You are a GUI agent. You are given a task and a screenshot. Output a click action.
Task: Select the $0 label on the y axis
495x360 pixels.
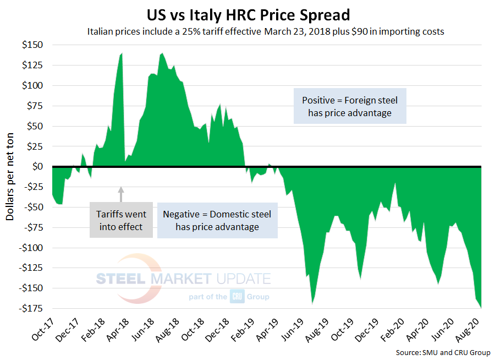click(40, 166)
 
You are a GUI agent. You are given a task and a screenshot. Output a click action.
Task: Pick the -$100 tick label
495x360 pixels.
click(33, 247)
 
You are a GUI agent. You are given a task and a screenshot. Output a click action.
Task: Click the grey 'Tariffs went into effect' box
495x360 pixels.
click(121, 220)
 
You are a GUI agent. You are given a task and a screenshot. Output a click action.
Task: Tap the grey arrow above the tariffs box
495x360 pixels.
click(122, 194)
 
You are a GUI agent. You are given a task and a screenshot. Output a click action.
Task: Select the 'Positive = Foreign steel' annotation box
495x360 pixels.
click(350, 106)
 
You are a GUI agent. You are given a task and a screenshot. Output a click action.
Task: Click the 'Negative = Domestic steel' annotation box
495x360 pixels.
click(217, 220)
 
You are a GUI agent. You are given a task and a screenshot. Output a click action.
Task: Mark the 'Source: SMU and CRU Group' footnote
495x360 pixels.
click(442, 352)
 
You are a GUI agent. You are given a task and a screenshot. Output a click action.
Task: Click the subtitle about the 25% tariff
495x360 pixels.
click(266, 31)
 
